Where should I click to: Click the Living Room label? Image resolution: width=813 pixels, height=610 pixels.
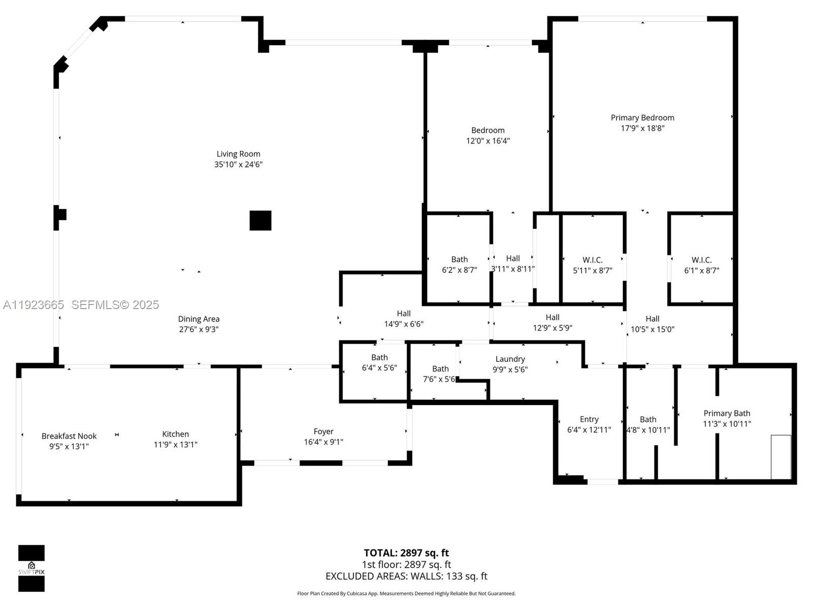(x=238, y=154)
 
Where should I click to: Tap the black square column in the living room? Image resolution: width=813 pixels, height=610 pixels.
(x=260, y=221)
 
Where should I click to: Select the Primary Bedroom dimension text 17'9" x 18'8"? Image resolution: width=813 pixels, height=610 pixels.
(x=642, y=128)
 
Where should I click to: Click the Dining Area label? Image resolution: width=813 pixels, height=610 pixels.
(x=199, y=319)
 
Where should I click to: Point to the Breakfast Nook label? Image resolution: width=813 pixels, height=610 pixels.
(x=69, y=436)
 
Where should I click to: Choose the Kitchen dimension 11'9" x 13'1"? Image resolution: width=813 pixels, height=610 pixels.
(x=175, y=444)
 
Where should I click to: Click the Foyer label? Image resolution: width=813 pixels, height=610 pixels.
(x=323, y=431)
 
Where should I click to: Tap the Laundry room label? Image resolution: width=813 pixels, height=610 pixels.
(x=510, y=359)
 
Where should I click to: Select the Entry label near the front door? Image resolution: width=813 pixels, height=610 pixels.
(x=589, y=419)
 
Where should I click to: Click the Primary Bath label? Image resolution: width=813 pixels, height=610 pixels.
(x=727, y=413)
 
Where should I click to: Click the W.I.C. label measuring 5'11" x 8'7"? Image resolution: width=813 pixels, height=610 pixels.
(x=592, y=260)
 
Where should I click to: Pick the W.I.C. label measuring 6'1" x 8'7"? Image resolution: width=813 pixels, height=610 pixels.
(x=701, y=260)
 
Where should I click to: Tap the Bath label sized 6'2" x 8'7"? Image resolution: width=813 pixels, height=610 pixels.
(x=459, y=259)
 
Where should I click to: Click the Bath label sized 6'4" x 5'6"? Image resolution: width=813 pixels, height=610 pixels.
(x=379, y=357)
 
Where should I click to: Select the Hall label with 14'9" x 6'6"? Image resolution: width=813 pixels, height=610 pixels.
(x=403, y=313)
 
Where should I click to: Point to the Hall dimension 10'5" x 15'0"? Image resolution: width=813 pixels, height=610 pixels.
(x=652, y=329)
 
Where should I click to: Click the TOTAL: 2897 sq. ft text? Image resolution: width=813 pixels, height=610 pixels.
(x=406, y=553)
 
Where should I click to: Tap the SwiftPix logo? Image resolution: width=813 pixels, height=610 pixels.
(x=32, y=568)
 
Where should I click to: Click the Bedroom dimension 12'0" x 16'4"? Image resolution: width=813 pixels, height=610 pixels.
(x=488, y=141)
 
